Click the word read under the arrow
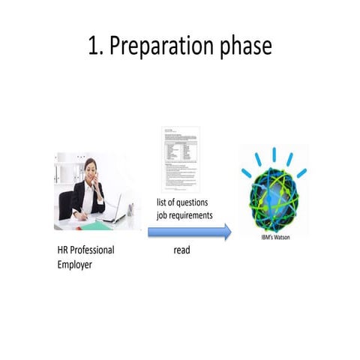tap(181, 250)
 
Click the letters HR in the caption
tap(64, 250)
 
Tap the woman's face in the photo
tap(91, 169)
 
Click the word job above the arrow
tap(163, 215)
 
